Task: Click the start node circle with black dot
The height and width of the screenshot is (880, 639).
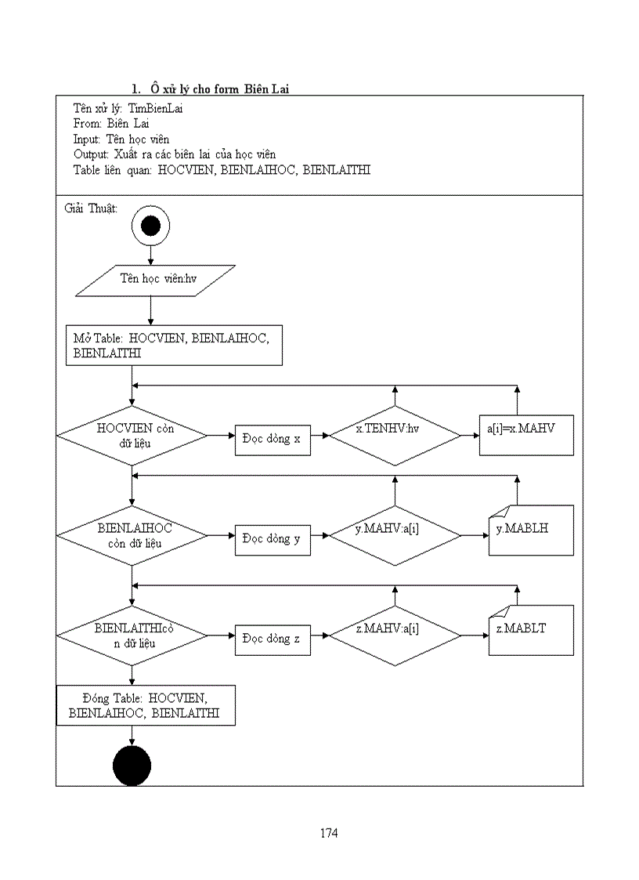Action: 150,226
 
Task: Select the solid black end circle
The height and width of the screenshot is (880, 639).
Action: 132,766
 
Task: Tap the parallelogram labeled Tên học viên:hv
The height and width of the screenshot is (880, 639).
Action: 155,281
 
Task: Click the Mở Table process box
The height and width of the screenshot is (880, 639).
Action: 173,346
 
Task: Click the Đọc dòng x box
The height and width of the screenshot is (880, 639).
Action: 272,439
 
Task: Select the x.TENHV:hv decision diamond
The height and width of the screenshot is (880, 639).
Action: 395,435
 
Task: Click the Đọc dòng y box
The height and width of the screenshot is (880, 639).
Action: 272,539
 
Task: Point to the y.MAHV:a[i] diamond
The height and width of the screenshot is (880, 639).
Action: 395,535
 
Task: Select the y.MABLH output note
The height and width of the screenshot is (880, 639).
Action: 531,531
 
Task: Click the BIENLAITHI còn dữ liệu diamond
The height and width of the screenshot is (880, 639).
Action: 132,635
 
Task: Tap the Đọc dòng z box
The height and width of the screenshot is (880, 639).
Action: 272,639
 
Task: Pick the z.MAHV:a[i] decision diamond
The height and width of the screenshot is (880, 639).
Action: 395,635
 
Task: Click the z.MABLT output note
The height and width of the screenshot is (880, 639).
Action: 531,630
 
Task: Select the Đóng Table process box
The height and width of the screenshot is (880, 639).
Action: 145,705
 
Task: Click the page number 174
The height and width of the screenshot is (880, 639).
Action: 329,833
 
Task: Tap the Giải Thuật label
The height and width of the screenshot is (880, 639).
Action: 89,208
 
